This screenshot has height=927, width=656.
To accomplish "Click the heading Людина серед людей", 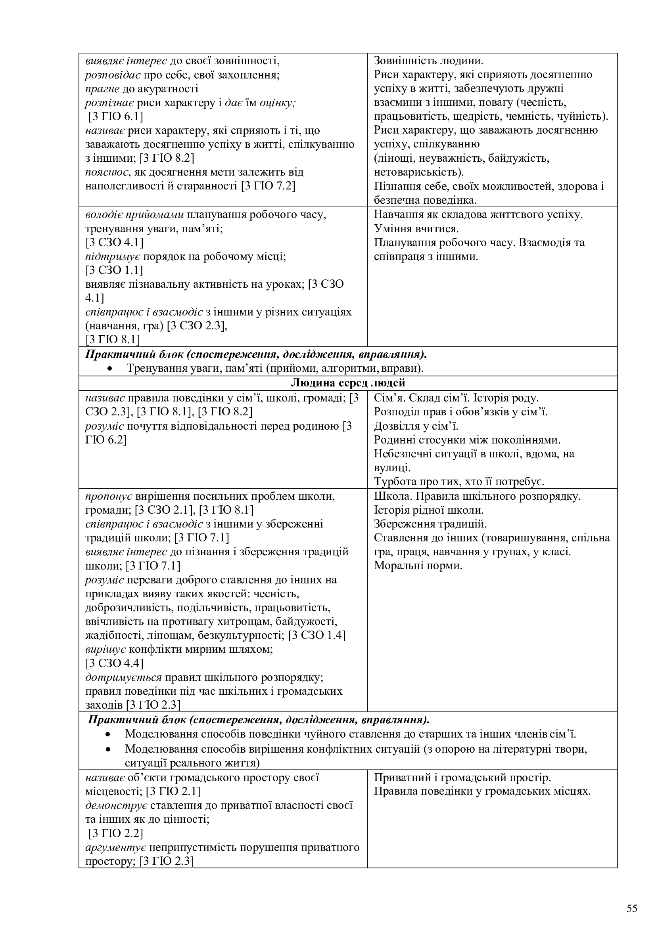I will (348, 383).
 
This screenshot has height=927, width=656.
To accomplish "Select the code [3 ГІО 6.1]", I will (115, 117).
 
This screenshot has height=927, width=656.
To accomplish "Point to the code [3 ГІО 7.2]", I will (268, 186).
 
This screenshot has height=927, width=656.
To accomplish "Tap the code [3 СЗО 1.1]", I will (114, 270).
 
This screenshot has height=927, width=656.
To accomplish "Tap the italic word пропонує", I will (109, 496).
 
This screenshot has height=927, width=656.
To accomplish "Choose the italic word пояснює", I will (107, 172).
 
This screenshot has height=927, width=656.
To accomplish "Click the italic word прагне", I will (102, 89).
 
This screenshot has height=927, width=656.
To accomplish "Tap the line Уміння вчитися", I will (416, 229).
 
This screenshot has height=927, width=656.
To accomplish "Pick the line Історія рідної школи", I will (429, 510).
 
